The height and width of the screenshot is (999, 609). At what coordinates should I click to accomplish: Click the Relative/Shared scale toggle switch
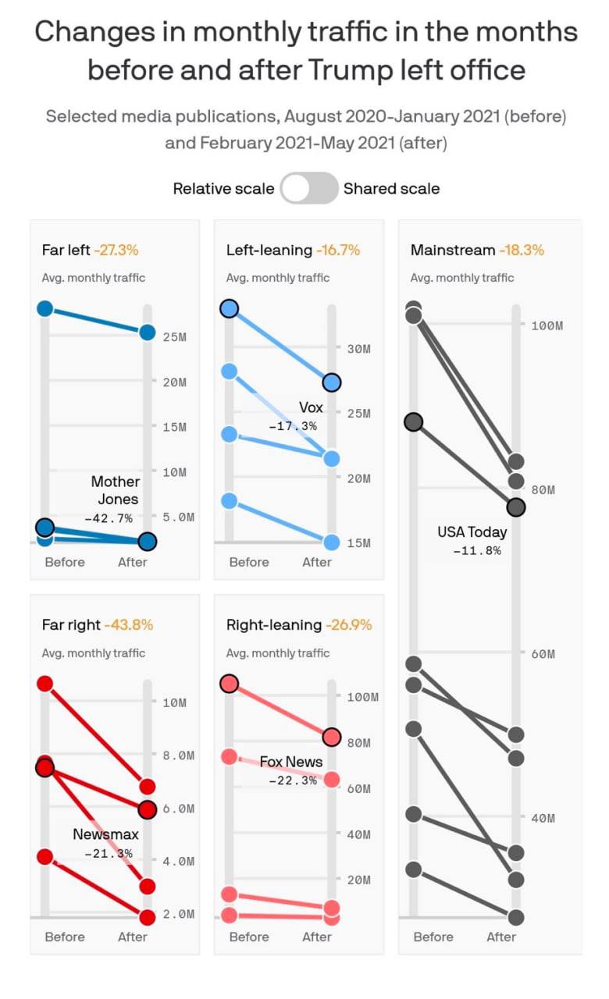[308, 188]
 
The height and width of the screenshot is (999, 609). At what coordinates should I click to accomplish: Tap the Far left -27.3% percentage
[116, 251]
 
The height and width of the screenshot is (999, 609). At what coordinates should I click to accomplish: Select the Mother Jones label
[115, 490]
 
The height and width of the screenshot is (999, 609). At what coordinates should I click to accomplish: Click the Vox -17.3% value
[293, 426]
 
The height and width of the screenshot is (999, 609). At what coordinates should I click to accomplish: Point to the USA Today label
[472, 532]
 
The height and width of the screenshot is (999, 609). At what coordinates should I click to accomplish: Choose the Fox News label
[291, 762]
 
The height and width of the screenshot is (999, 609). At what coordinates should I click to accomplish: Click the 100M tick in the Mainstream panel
[547, 325]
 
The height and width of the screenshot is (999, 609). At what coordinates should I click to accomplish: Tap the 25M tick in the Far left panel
[174, 337]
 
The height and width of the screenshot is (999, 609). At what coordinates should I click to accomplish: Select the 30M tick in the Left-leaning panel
[358, 349]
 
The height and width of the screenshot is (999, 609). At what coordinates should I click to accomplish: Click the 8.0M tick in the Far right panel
[174, 755]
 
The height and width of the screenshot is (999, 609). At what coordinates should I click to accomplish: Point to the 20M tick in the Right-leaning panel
[358, 880]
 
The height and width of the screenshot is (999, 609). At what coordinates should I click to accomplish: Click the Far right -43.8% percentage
[129, 625]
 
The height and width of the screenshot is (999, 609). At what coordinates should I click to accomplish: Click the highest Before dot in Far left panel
[45, 308]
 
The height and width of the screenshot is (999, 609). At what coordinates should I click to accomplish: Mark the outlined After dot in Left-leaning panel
[332, 382]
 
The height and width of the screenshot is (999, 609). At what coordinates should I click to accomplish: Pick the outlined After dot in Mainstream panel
[516, 507]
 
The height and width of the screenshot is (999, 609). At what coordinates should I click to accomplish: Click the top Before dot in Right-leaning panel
[229, 684]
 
